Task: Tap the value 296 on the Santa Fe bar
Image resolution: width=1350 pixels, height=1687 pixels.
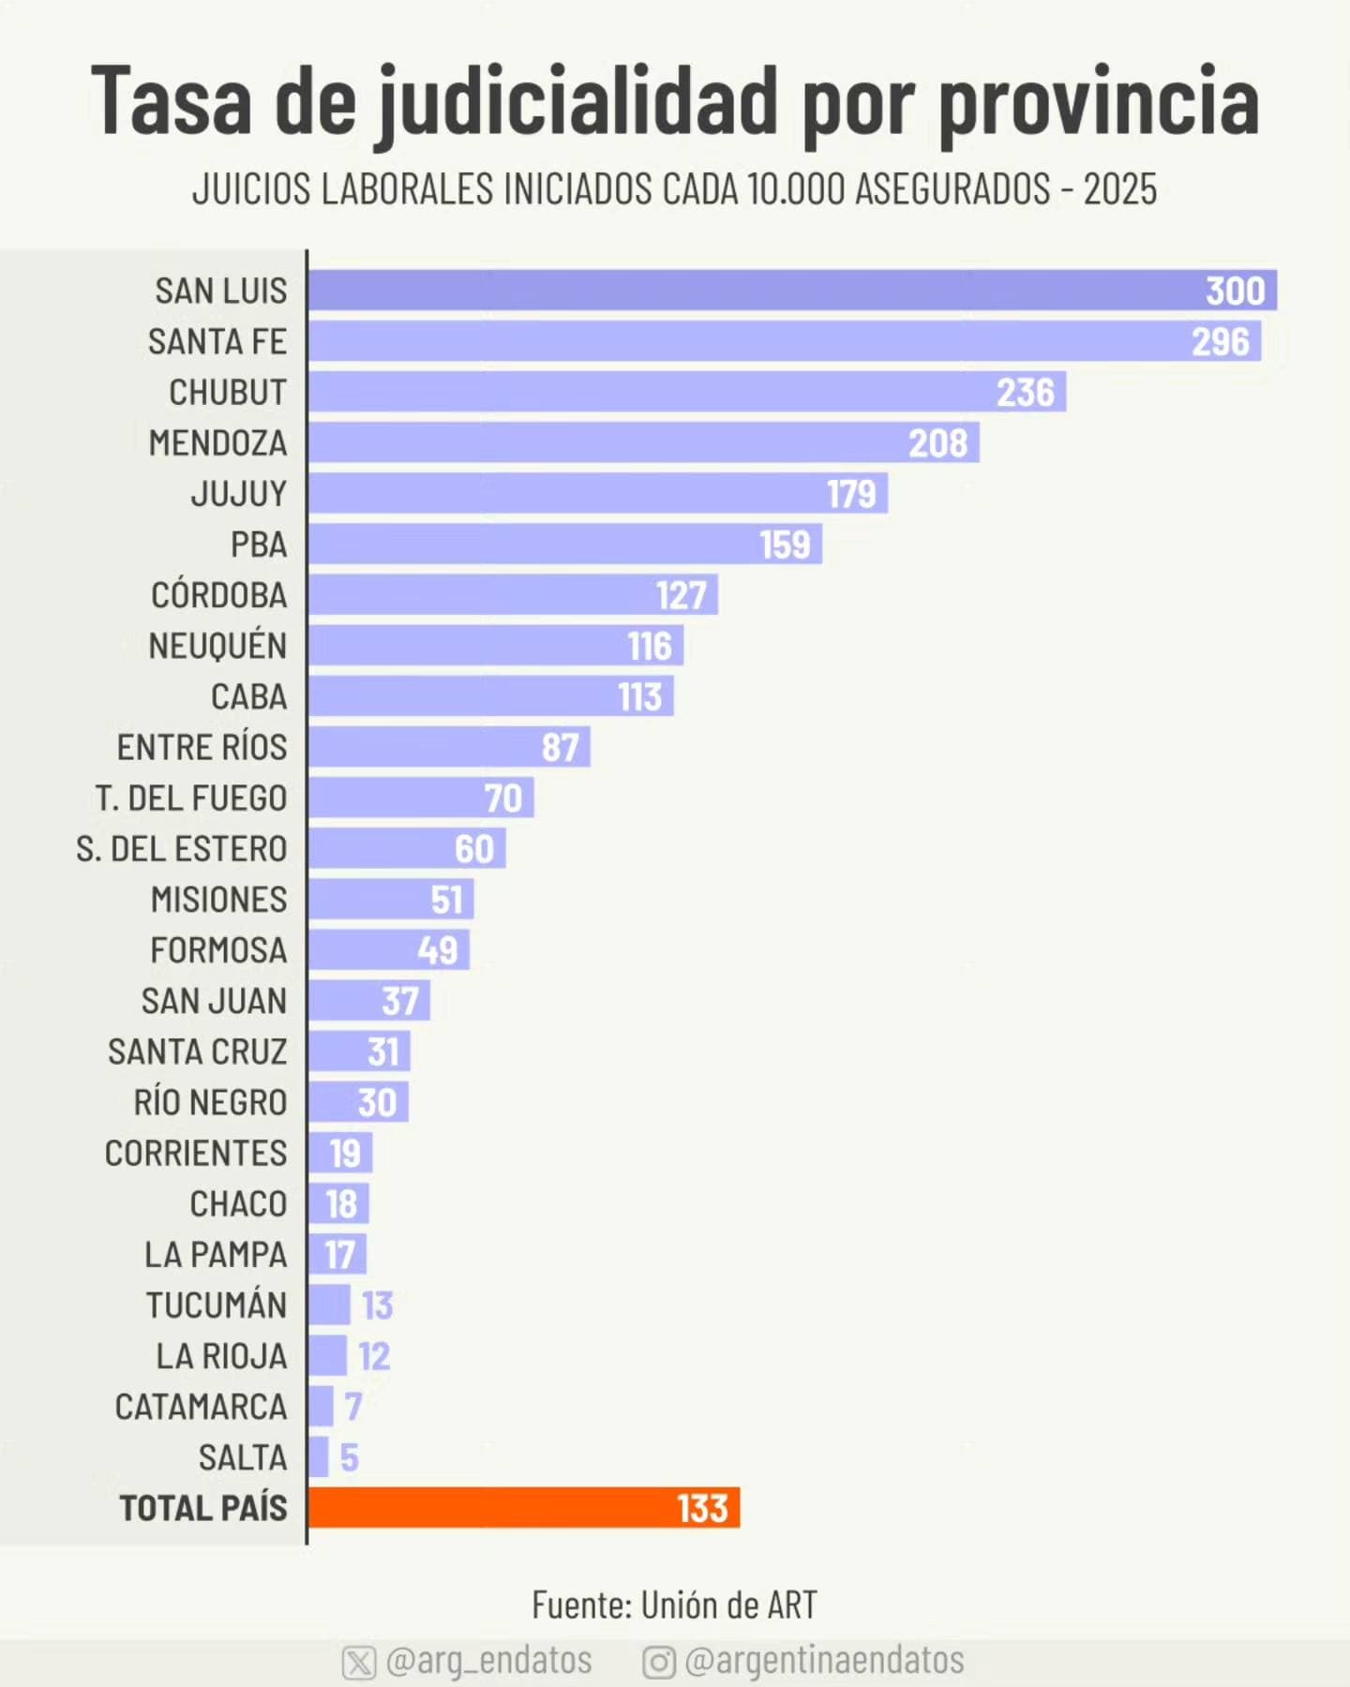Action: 1221,342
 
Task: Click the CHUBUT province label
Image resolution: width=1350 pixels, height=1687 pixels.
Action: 228,393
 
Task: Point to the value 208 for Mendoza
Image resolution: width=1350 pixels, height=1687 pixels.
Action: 937,443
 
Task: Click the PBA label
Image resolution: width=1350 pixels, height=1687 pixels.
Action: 259,545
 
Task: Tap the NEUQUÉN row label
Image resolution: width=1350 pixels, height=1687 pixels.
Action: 217,646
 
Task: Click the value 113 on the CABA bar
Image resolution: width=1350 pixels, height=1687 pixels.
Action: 640,697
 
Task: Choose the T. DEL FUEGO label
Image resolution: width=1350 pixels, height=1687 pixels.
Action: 191,799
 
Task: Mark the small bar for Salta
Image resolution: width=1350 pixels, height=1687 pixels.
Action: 319,1457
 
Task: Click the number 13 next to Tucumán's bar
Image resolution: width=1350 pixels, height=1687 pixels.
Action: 378,1306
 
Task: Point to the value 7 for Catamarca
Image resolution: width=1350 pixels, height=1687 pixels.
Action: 352,1407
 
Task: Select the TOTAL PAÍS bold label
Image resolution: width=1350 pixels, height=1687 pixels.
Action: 203,1508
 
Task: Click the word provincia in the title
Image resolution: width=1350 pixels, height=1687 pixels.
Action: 1098,101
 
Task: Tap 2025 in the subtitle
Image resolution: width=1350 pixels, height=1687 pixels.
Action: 1120,189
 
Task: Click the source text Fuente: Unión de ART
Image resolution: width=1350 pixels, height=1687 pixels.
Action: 674,1605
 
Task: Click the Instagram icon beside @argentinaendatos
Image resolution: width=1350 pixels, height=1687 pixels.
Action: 659,1663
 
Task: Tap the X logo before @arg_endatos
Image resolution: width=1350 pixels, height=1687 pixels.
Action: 359,1663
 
